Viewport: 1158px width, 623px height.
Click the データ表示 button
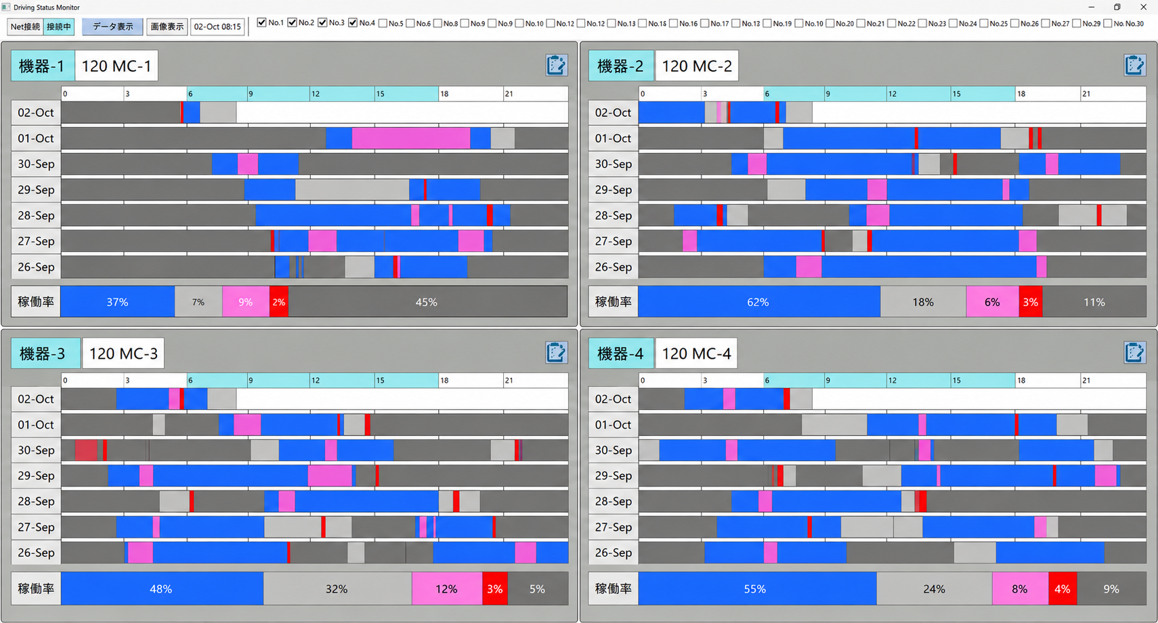point(112,26)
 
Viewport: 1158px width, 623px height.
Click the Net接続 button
point(25,26)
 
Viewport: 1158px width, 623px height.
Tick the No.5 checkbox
point(383,23)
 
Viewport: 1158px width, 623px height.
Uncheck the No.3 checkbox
point(322,23)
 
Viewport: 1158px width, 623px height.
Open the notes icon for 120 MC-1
point(556,65)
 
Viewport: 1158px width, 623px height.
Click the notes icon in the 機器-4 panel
point(1134,353)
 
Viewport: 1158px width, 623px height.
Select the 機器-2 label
point(621,66)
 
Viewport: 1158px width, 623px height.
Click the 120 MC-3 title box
point(123,353)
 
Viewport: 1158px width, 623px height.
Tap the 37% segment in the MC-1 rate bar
point(117,302)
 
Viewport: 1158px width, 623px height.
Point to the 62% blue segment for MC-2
point(759,302)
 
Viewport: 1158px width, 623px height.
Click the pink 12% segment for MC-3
point(447,589)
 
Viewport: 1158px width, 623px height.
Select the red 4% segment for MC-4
point(1063,589)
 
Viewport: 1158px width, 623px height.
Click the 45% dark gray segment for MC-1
point(427,302)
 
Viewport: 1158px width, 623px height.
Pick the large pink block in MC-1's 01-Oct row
point(411,138)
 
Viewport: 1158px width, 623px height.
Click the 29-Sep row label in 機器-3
point(36,475)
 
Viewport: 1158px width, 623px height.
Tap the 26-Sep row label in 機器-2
point(613,267)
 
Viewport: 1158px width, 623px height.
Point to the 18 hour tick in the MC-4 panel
point(1021,381)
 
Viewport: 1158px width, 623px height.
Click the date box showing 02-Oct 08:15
point(217,26)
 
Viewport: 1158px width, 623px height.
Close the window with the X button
point(1143,7)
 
